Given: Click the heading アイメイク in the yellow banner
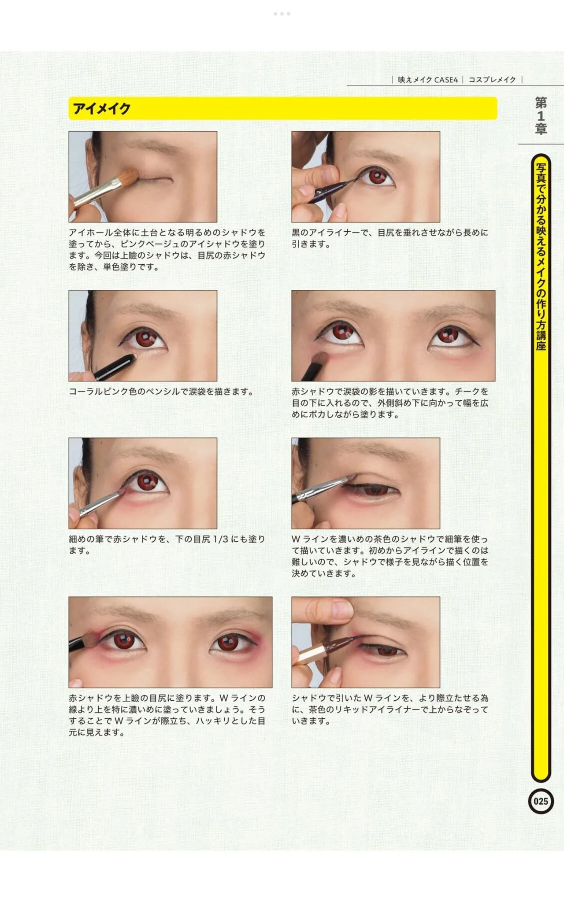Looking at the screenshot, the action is point(101,108).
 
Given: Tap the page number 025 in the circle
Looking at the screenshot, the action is point(541,801).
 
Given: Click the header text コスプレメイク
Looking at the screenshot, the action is point(492,80).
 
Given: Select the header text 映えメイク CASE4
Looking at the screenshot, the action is point(428,80).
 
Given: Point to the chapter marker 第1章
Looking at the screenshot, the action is point(541,116).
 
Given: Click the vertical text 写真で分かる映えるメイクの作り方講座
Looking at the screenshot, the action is point(541,257).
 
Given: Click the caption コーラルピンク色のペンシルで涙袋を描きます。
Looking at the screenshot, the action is point(161,392).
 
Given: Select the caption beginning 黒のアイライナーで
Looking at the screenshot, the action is point(390,238).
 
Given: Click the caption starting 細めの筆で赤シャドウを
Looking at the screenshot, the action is point(167,545).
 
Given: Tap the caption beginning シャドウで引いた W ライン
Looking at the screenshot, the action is point(390,710).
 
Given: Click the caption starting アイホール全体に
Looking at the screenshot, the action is point(167,250).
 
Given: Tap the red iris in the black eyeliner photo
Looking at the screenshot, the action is point(377,177).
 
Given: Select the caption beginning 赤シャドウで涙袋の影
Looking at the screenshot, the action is point(390,403).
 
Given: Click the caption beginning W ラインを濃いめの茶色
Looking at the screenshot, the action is point(390,556).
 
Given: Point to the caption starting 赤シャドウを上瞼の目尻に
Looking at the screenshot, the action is point(167,715).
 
